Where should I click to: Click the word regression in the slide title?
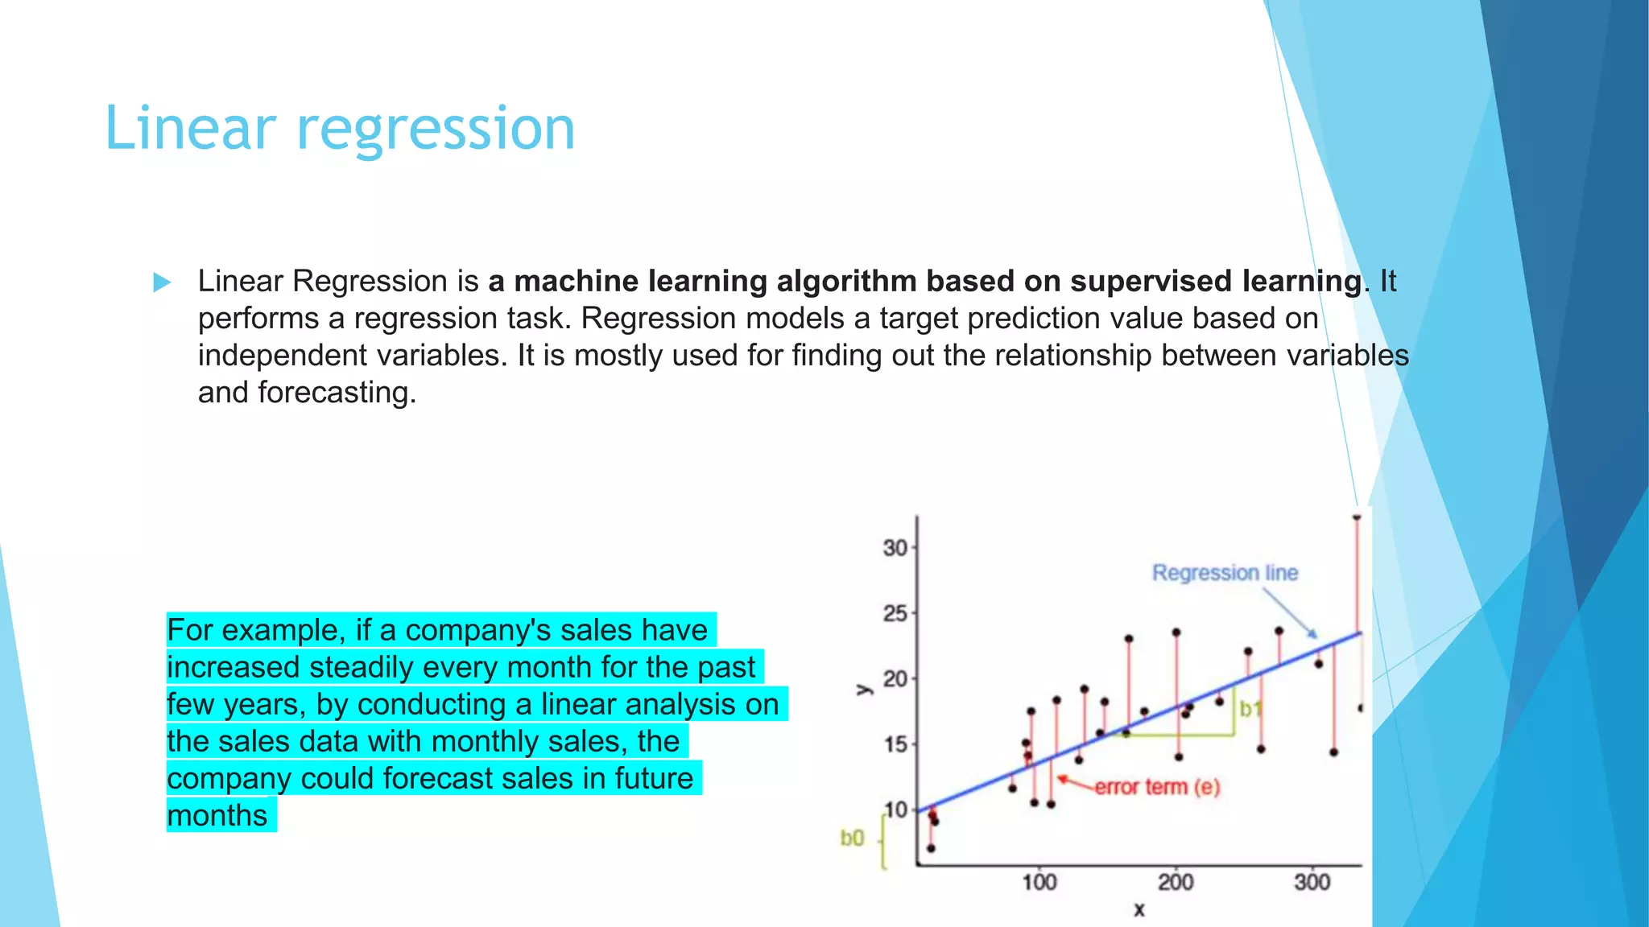(x=436, y=129)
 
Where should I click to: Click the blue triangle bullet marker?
(x=162, y=282)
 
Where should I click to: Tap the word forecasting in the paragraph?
(x=337, y=393)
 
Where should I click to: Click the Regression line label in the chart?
(x=1225, y=573)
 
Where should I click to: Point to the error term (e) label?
(x=1157, y=787)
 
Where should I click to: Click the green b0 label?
(x=852, y=838)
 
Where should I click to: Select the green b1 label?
(x=1250, y=709)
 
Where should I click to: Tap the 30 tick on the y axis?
(x=895, y=548)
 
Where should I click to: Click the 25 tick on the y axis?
(x=895, y=614)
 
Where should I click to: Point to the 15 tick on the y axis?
(x=895, y=744)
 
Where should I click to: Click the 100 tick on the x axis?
(x=1039, y=883)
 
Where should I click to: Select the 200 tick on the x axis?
(x=1176, y=883)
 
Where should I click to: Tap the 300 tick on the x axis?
(x=1312, y=883)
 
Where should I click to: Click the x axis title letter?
(x=1139, y=910)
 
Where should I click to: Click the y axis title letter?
(x=863, y=690)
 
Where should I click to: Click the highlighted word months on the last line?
(x=217, y=815)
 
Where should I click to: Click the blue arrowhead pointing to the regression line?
(x=1312, y=634)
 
